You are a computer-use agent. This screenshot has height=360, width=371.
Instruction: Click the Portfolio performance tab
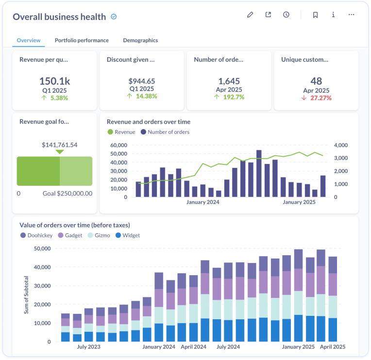(x=82, y=40)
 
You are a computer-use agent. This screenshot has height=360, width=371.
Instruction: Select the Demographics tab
(x=140, y=40)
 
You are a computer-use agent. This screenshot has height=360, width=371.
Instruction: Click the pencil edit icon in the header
(x=250, y=15)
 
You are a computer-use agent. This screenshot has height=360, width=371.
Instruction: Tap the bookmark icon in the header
(x=315, y=15)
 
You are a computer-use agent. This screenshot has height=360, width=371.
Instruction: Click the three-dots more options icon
(x=351, y=15)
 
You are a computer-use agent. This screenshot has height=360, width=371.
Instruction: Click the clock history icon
(x=286, y=15)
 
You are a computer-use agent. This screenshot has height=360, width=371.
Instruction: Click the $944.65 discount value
(x=141, y=81)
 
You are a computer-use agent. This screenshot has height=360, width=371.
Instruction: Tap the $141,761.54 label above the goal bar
(x=60, y=145)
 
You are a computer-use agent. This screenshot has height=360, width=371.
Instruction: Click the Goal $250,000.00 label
(x=67, y=193)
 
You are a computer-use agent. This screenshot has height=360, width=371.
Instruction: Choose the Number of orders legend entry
(x=165, y=132)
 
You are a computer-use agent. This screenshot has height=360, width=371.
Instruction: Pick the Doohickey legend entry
(x=37, y=235)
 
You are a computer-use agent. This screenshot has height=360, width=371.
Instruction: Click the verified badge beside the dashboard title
(x=114, y=17)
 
